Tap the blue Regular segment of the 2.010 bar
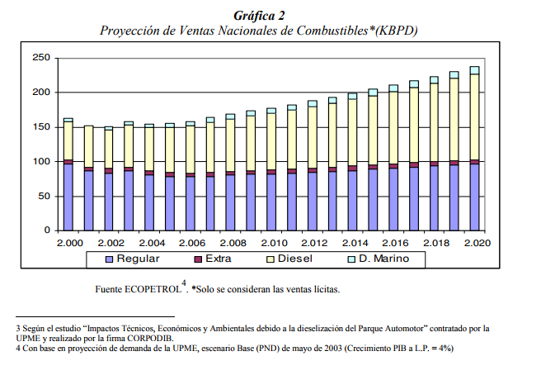(271, 202)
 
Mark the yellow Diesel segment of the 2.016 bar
(393, 127)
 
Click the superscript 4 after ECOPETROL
(184, 284)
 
